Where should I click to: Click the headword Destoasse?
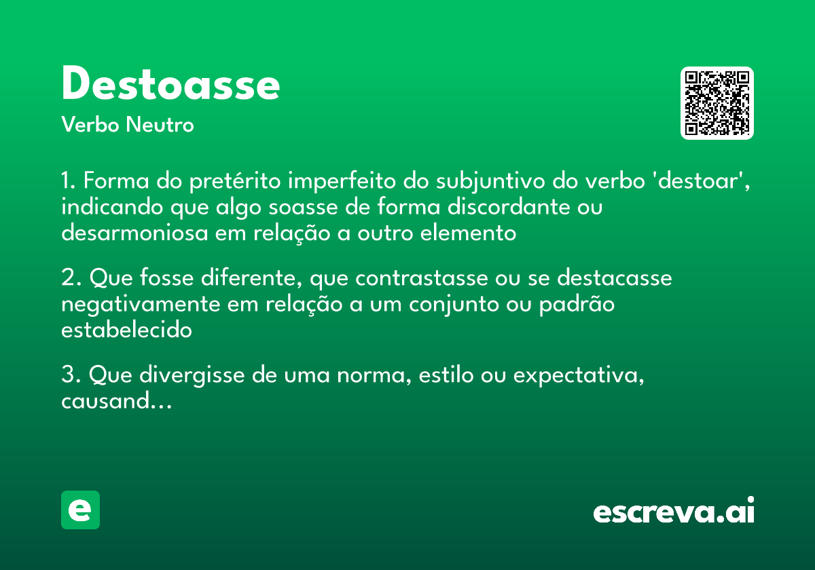tap(170, 85)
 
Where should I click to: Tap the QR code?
tap(717, 103)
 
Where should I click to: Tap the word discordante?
tap(505, 208)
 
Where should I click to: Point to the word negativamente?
tap(141, 305)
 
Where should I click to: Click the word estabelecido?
tap(126, 330)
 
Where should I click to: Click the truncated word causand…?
tap(116, 401)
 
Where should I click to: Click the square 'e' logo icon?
tap(80, 510)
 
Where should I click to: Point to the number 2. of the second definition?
tap(71, 279)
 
